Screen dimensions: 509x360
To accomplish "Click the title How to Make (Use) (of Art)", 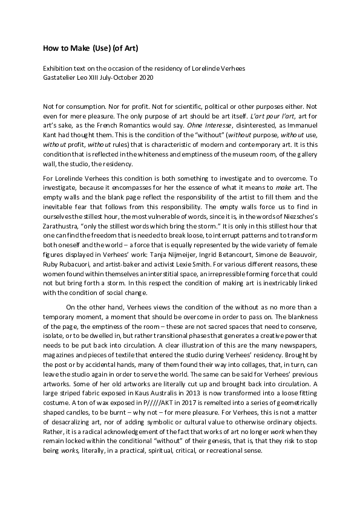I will [85, 47].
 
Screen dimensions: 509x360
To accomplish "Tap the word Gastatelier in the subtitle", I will [59, 77].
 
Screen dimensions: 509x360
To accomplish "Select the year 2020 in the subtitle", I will [145, 77].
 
